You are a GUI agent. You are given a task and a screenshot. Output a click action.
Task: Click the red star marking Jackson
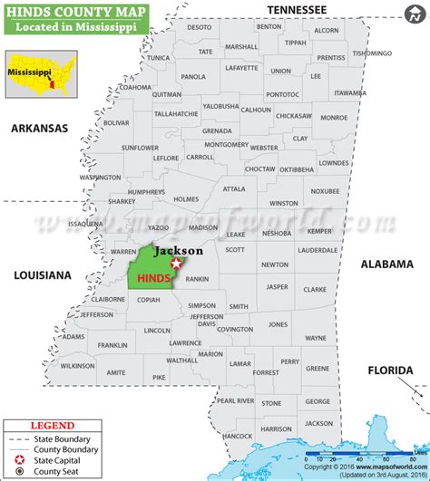pos(176,263)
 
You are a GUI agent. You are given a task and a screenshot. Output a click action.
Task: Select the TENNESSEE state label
pos(296,9)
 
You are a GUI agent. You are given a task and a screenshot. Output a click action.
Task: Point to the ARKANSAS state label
pos(39,129)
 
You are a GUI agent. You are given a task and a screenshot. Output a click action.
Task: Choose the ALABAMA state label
pos(386,264)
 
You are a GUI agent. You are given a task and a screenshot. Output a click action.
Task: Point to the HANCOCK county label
pos(238,436)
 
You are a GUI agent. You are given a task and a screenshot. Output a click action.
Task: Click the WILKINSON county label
pos(78,366)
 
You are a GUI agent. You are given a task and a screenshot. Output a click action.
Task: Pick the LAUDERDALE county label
pos(317,249)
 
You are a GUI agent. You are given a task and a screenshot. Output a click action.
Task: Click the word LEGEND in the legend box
pos(53,424)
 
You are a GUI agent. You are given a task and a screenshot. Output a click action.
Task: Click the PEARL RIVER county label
pos(236,399)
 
